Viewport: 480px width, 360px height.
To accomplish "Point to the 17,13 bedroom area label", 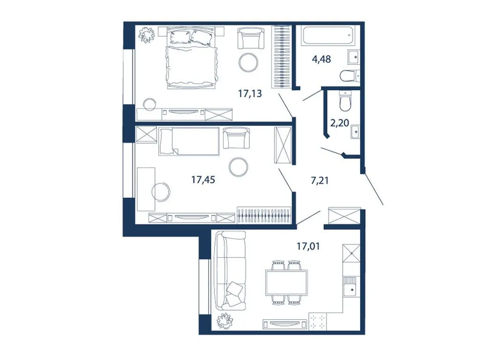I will (x=250, y=94).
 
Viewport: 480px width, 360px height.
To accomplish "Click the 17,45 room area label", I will (x=203, y=180).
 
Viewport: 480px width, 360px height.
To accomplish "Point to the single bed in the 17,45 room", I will (x=190, y=141).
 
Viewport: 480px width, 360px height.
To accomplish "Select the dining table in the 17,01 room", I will (x=287, y=282).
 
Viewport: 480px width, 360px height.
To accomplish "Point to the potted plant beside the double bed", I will (x=145, y=34).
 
